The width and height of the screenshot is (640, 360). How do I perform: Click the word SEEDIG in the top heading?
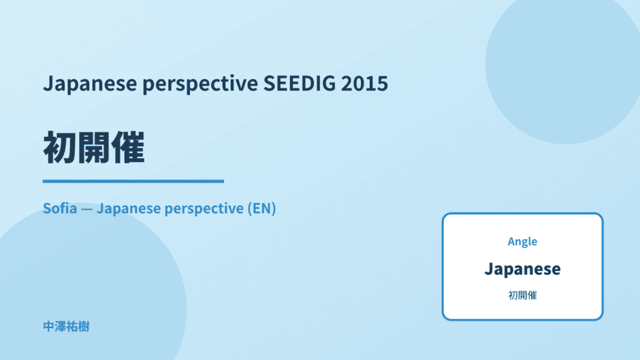click(299, 83)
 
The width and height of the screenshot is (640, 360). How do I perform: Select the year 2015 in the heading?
click(364, 83)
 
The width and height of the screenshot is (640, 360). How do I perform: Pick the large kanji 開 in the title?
click(93, 148)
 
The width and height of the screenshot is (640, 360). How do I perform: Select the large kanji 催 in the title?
click(128, 148)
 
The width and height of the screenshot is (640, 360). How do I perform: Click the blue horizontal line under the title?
click(133, 181)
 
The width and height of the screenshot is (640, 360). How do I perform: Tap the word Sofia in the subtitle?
click(60, 208)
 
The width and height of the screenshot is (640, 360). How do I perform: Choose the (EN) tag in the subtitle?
click(261, 208)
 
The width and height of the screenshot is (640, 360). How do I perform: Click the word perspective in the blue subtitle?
click(204, 209)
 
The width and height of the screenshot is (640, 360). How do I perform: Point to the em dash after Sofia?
click(86, 209)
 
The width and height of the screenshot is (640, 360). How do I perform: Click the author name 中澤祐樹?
click(66, 327)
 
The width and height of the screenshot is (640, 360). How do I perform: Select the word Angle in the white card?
click(522, 242)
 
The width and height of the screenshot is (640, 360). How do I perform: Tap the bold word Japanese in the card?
click(522, 269)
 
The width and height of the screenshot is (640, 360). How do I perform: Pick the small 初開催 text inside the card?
click(522, 295)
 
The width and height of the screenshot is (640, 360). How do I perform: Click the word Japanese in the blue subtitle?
click(129, 209)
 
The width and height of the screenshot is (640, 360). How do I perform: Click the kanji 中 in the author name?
click(49, 327)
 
